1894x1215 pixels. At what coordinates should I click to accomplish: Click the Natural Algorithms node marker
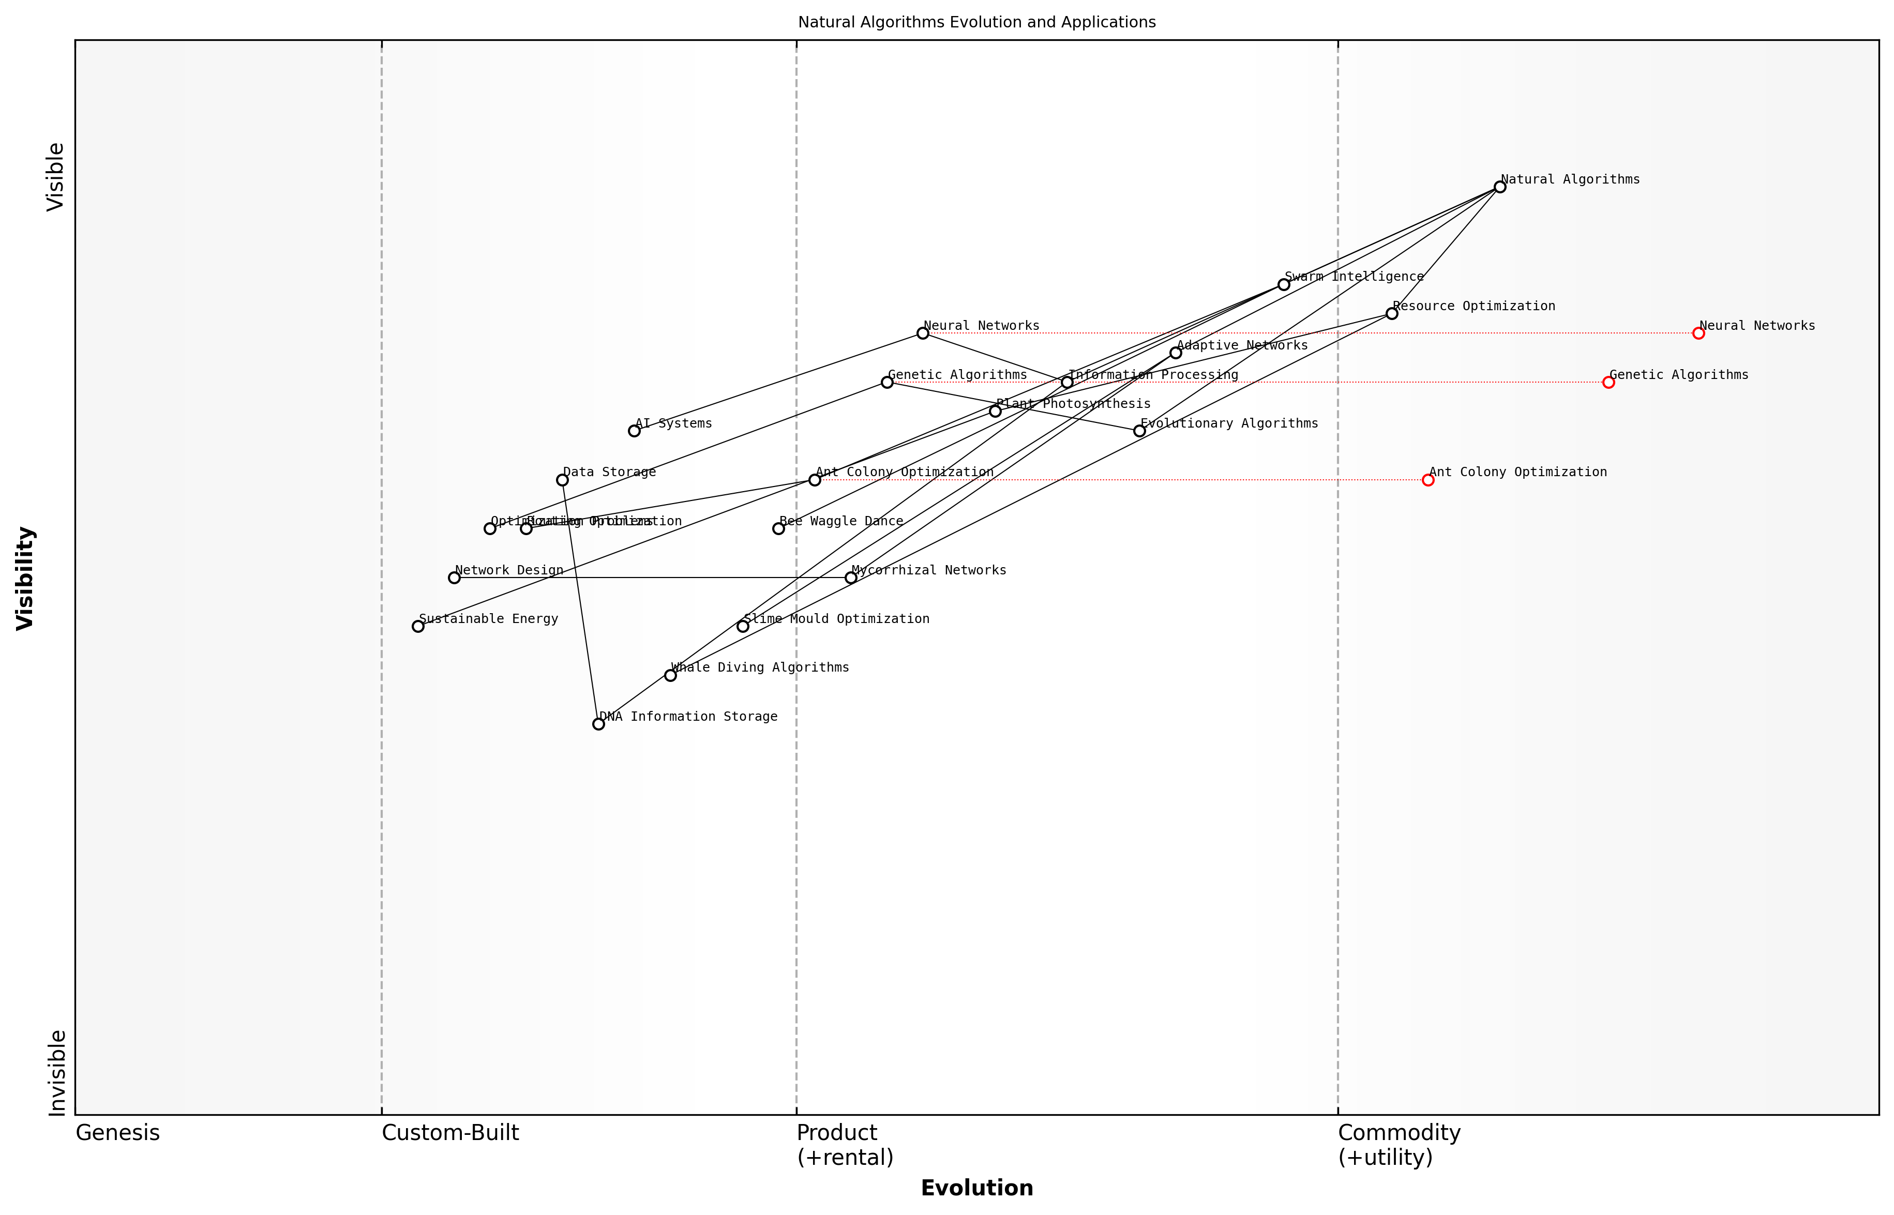coord(1499,187)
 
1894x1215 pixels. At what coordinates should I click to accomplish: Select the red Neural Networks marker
coord(1698,333)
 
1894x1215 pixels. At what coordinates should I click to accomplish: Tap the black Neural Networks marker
coord(923,333)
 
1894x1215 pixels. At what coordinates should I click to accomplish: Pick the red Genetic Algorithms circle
coord(1609,382)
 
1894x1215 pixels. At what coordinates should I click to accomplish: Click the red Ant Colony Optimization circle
coord(1427,480)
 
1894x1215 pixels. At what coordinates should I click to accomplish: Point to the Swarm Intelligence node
coord(1284,284)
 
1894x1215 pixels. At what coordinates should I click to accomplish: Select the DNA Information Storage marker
coord(598,723)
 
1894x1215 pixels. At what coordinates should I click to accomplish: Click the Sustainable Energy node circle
coord(418,627)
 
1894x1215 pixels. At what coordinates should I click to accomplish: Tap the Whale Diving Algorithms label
coord(760,667)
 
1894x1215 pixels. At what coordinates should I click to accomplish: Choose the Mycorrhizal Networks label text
coord(929,570)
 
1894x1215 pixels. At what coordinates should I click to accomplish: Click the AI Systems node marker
coord(634,431)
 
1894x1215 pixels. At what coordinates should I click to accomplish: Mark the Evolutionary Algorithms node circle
coord(1139,431)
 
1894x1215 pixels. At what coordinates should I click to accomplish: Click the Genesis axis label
coord(117,1133)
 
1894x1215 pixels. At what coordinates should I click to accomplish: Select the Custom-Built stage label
coord(450,1133)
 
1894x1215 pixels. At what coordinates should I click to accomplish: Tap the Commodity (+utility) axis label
coord(1399,1144)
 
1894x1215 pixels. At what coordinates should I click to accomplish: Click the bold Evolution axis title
coord(976,1188)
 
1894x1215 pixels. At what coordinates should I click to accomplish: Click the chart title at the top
coord(976,22)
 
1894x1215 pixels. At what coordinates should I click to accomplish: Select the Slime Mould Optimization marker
coord(743,627)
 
